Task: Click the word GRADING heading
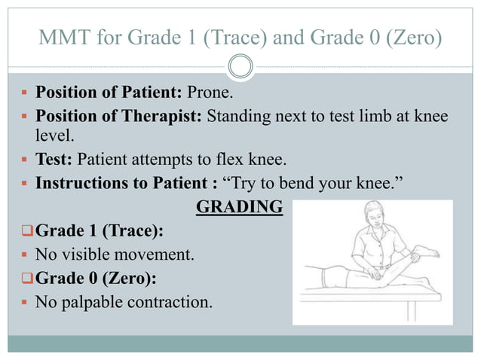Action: click(x=239, y=206)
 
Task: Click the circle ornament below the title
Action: click(x=240, y=66)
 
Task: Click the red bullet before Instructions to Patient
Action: click(x=25, y=183)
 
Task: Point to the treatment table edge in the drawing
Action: click(x=369, y=297)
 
